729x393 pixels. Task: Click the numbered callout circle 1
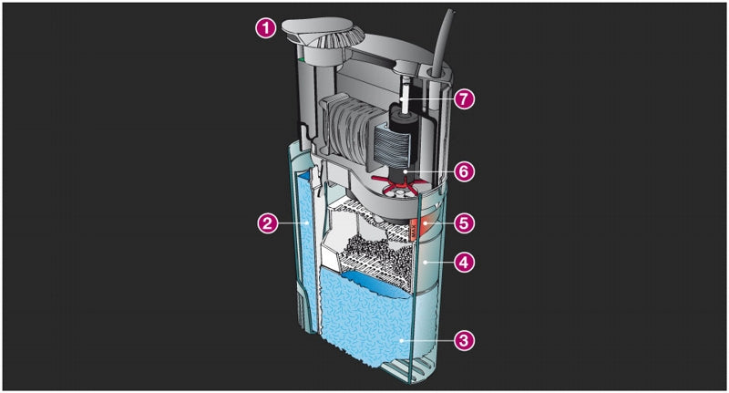coord(264,28)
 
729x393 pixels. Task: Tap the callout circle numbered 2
coord(267,222)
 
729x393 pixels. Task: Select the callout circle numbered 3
coord(464,340)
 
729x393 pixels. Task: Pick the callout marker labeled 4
coord(464,262)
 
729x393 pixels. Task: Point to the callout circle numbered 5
coord(464,222)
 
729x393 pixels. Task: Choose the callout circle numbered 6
coord(464,171)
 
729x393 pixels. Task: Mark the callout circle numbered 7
coord(464,99)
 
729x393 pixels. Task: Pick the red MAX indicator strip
coord(417,224)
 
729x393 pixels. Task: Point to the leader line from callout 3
coord(428,340)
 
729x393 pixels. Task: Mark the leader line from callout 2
coord(290,222)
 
